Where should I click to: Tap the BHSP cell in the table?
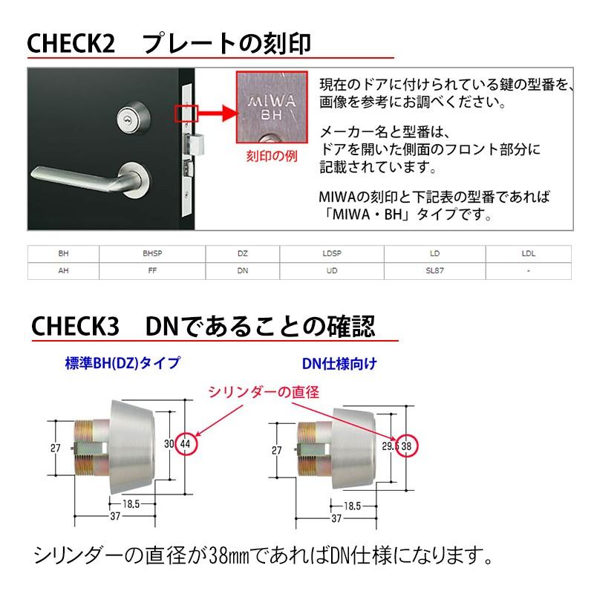pos(152,254)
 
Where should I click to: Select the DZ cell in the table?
pos(242,254)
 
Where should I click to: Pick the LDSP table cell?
pos(331,254)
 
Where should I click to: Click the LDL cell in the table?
pos(528,254)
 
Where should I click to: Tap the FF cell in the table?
pos(152,271)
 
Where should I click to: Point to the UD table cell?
pos(331,271)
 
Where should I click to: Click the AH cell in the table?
pos(63,271)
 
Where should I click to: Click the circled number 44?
pos(186,443)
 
